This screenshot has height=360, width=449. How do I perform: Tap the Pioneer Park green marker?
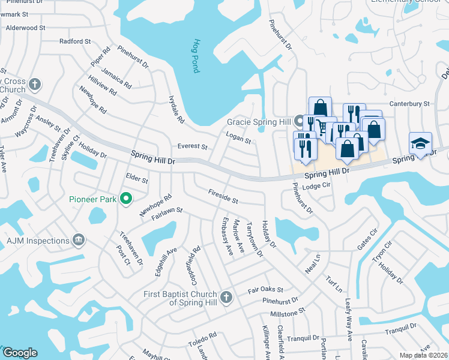pyautogui.click(x=126, y=198)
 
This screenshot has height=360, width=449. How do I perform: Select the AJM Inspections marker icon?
pyautogui.click(x=79, y=241)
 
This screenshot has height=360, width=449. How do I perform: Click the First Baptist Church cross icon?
pyautogui.click(x=226, y=297)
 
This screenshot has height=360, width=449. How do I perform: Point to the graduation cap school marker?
pyautogui.click(x=420, y=143)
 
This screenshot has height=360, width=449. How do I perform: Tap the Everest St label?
pyautogui.click(x=192, y=146)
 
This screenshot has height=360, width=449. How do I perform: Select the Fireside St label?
pyautogui.click(x=223, y=196)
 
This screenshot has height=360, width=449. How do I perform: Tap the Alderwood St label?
pyautogui.click(x=25, y=28)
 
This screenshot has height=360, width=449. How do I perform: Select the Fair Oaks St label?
pyautogui.click(x=265, y=290)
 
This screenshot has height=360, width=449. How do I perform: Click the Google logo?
pyautogui.click(x=19, y=353)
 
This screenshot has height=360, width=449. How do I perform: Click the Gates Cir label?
pyautogui.click(x=367, y=239)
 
